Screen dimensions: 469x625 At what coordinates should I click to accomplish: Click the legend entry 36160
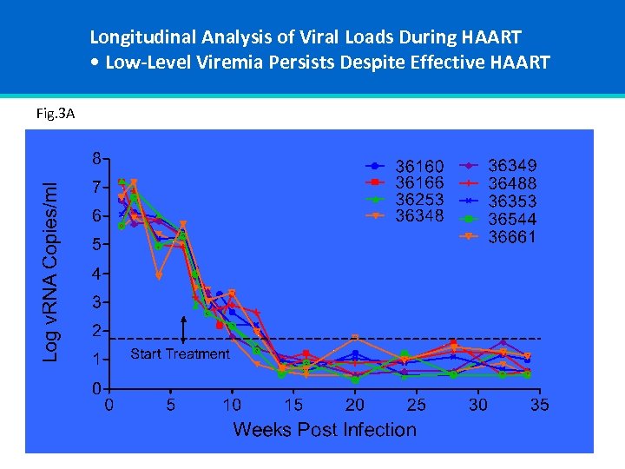pyautogui.click(x=419, y=166)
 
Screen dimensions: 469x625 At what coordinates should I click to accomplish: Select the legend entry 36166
pyautogui.click(x=419, y=182)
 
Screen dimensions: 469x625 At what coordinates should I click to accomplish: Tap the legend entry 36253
pyautogui.click(x=419, y=199)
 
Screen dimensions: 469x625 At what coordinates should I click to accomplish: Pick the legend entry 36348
pyautogui.click(x=419, y=215)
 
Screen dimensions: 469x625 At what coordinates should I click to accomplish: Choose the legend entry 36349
pyautogui.click(x=512, y=166)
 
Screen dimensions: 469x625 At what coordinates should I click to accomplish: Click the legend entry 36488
pyautogui.click(x=512, y=183)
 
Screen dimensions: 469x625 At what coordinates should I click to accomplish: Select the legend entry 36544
pyautogui.click(x=512, y=219)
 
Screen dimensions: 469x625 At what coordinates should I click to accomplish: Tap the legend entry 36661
pyautogui.click(x=512, y=236)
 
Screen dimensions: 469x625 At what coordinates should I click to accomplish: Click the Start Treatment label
pyautogui.click(x=180, y=353)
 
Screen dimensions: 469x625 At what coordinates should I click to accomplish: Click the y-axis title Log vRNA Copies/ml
pyautogui.click(x=52, y=271)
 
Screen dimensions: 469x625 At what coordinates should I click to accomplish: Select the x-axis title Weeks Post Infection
pyautogui.click(x=325, y=430)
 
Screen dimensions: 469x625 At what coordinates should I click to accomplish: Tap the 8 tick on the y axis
pyautogui.click(x=97, y=159)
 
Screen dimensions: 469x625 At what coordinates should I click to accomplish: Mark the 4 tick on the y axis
pyautogui.click(x=97, y=274)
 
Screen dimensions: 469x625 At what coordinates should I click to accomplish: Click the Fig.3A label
pyautogui.click(x=56, y=113)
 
